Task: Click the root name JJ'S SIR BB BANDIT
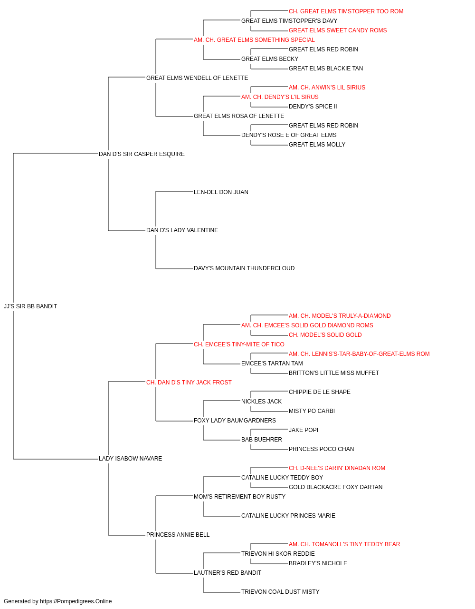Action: pyautogui.click(x=30, y=306)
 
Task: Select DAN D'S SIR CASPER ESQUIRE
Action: pyautogui.click(x=142, y=154)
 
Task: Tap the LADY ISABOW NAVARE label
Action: pyautogui.click(x=130, y=459)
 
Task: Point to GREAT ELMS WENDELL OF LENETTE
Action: pyautogui.click(x=197, y=78)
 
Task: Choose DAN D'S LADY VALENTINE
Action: pyautogui.click(x=182, y=230)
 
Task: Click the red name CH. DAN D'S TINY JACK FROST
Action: pyautogui.click(x=189, y=383)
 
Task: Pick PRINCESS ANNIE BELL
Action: pyautogui.click(x=178, y=535)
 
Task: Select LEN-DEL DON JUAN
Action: pyautogui.click(x=221, y=192)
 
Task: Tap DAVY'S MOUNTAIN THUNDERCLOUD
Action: pyautogui.click(x=244, y=268)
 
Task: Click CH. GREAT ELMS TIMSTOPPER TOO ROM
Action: pyautogui.click(x=346, y=11)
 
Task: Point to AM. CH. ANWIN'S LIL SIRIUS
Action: pyautogui.click(x=327, y=88)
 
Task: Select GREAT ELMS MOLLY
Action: pyautogui.click(x=317, y=145)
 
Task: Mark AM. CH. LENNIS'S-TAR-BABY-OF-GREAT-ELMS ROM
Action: pyautogui.click(x=359, y=354)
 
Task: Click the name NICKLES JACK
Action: pyautogui.click(x=261, y=402)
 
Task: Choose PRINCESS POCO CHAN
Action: pyautogui.click(x=321, y=449)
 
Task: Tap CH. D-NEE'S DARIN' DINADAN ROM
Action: pyautogui.click(x=337, y=468)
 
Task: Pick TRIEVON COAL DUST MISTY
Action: pyautogui.click(x=280, y=592)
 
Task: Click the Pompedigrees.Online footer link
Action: pyautogui.click(x=76, y=601)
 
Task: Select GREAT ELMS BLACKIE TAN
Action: pyautogui.click(x=326, y=69)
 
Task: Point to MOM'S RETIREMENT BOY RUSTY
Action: pyautogui.click(x=239, y=497)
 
